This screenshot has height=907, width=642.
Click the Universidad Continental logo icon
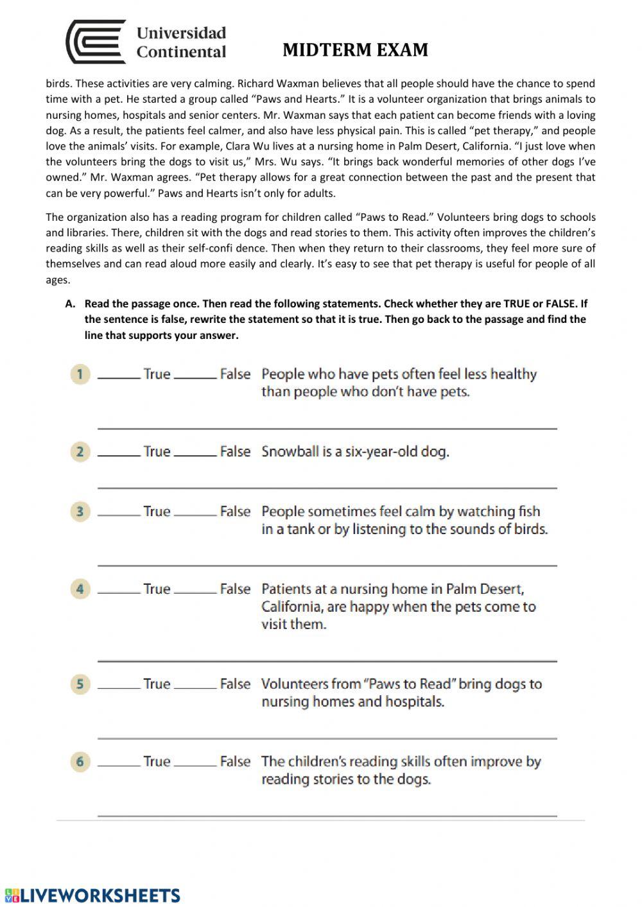96,42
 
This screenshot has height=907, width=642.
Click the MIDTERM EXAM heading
355,50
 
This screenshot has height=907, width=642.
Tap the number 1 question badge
80,374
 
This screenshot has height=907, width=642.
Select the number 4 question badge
80,589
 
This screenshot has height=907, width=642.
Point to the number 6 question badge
80,762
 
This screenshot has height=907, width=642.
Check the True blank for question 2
119,454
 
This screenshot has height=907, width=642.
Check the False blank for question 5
195,687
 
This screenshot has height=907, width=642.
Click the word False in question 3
235,512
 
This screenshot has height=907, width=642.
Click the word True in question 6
157,762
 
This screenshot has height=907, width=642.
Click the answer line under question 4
327,660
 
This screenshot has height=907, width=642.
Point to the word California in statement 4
292,607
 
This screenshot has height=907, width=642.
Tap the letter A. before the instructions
71,304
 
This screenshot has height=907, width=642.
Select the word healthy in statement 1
514,374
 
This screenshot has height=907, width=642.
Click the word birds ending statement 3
530,530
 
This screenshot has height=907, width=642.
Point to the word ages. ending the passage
58,280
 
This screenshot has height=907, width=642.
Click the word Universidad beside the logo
181,33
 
